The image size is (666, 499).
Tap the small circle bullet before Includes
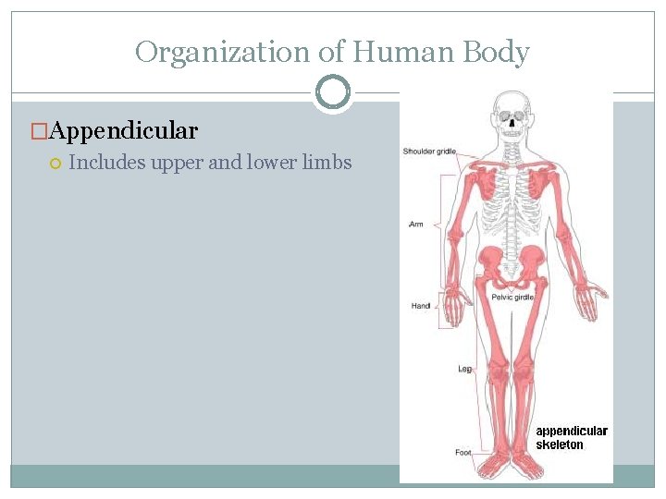tap(55, 164)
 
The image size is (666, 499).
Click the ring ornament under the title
tap(332, 92)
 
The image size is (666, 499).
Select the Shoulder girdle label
tap(429, 152)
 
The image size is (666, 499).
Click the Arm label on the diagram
tap(416, 225)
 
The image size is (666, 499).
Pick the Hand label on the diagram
tap(421, 306)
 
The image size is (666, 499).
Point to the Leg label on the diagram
tap(464, 369)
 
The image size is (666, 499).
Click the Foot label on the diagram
tap(463, 453)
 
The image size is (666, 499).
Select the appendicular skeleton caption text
tap(572, 438)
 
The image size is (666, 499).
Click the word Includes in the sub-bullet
tap(104, 163)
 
